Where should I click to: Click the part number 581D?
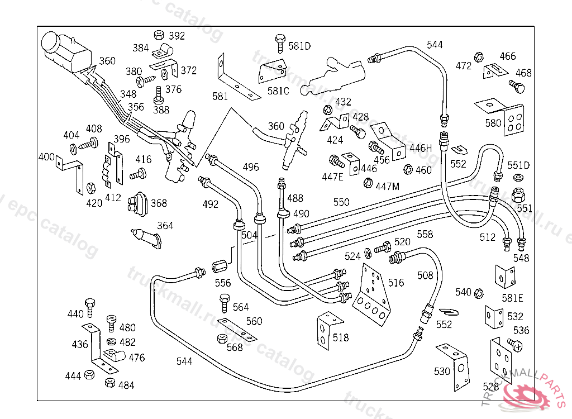[x=299, y=46]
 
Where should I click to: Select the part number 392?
[x=177, y=36]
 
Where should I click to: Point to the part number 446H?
[x=422, y=148]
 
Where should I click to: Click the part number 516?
[x=396, y=283]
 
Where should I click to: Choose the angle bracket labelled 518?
[x=325, y=332]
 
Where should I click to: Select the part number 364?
[x=165, y=226]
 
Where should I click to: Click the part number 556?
[x=222, y=283]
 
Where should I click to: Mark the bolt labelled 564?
[x=225, y=302]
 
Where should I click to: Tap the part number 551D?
[x=518, y=165]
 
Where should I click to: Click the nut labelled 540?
[x=478, y=293]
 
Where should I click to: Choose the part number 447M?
[x=388, y=186]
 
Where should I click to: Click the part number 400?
[x=46, y=156]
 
